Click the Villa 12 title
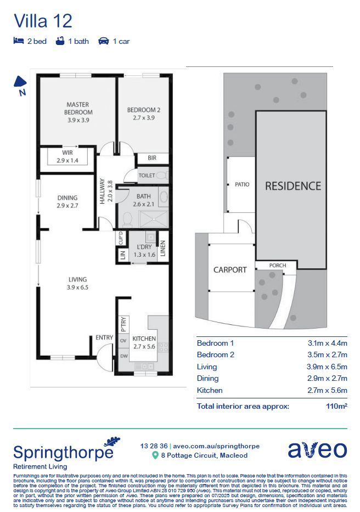(x=43, y=21)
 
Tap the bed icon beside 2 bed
(x=19, y=41)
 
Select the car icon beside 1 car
(x=103, y=41)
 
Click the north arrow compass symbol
(x=20, y=83)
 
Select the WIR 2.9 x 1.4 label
(x=67, y=156)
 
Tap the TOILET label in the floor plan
(x=147, y=176)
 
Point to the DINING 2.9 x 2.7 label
(x=67, y=201)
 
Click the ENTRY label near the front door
(x=104, y=337)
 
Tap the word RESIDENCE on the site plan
(x=293, y=186)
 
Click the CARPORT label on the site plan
(x=230, y=269)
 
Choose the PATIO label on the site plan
(x=242, y=184)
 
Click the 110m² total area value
(x=336, y=407)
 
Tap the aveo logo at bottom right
(x=318, y=449)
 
